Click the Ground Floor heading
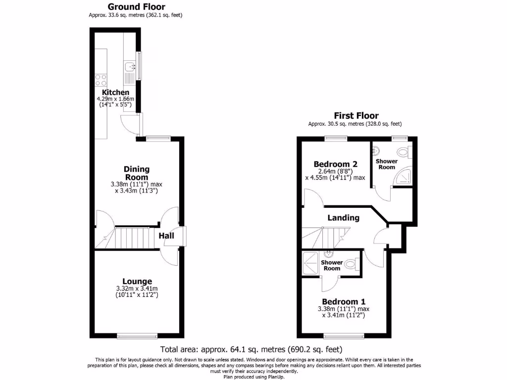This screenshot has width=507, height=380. (x=136, y=7)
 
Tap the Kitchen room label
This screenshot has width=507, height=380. (x=115, y=93)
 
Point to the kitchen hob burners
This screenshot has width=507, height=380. (x=101, y=80)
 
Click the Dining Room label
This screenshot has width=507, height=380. (x=137, y=173)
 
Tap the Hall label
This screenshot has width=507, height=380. (x=166, y=237)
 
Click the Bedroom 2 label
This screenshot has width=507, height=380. (x=336, y=164)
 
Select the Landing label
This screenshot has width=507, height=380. (x=343, y=218)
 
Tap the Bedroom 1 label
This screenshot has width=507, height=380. (x=344, y=302)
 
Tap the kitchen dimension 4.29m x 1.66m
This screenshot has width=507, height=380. (x=115, y=99)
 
